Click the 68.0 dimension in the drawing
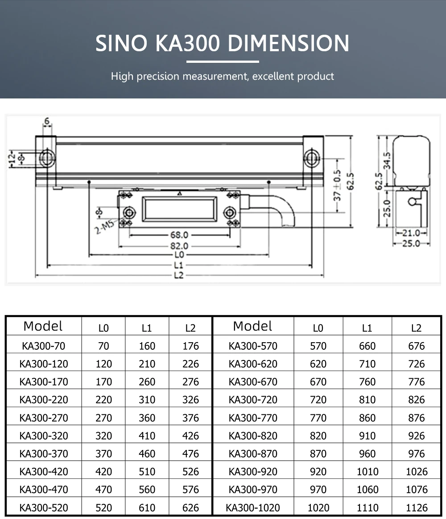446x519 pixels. click(x=179, y=235)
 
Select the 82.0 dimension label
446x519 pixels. click(x=179, y=245)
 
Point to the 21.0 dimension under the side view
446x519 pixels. click(x=411, y=233)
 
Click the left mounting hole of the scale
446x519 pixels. click(x=46, y=158)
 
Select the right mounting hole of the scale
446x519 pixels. click(x=311, y=158)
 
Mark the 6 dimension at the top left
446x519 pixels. click(x=47, y=122)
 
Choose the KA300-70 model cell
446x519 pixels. click(x=43, y=346)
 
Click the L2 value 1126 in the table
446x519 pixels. click(x=416, y=507)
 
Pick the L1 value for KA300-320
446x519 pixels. click(x=147, y=436)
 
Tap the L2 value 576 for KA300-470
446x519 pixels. click(x=190, y=489)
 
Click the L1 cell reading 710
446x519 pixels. click(x=367, y=364)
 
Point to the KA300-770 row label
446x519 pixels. click(x=253, y=417)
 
